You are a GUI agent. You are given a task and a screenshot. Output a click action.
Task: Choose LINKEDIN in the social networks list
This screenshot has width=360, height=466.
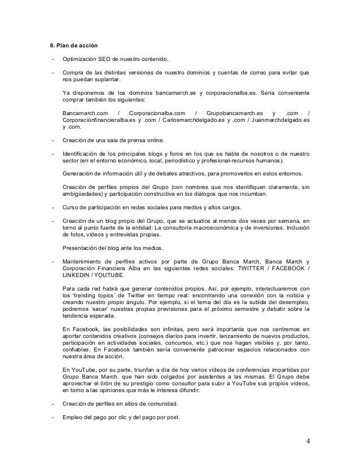click(78, 276)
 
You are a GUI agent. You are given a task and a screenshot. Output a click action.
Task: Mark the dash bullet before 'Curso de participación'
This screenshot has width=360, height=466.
click(52, 208)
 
